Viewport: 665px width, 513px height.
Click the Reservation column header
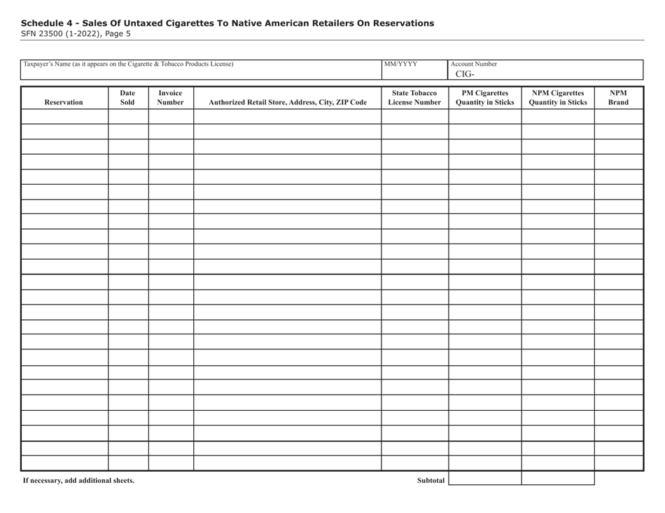tap(64, 102)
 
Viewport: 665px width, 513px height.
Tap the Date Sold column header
tap(128, 97)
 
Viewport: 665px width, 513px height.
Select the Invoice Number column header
tap(171, 97)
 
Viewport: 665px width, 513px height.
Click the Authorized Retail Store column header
tap(287, 102)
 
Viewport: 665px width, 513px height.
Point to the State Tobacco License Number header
tap(414, 97)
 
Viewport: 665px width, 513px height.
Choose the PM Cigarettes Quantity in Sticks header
tap(484, 97)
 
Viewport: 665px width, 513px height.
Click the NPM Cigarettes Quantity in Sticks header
tap(558, 97)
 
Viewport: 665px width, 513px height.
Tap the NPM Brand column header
tap(618, 97)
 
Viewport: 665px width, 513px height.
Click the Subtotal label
tap(430, 481)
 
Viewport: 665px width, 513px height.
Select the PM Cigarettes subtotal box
tap(484, 479)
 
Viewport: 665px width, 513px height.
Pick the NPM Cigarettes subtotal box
tap(558, 479)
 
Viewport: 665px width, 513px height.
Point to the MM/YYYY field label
tap(400, 64)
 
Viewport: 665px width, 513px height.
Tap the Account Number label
tap(474, 64)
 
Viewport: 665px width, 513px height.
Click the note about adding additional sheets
tap(78, 481)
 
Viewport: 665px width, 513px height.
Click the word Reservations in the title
tap(401, 23)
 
